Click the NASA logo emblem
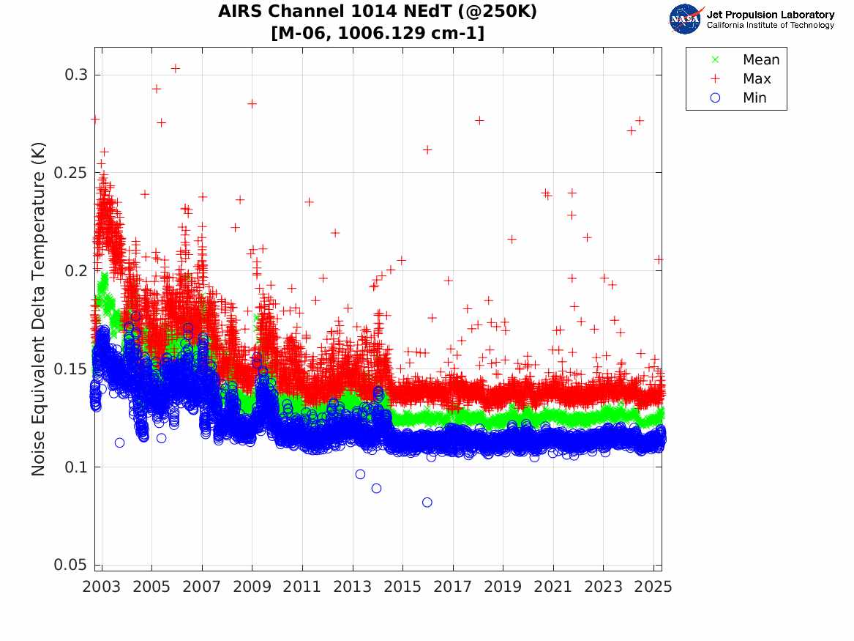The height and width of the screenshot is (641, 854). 685,19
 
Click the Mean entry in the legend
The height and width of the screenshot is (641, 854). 761,60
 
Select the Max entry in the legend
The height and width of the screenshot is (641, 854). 757,79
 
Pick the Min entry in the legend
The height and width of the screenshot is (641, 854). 754,98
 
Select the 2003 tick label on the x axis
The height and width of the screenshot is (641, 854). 102,587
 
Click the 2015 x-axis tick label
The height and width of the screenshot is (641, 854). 402,587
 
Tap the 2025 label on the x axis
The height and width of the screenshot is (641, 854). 653,587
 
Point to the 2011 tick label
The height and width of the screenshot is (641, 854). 302,587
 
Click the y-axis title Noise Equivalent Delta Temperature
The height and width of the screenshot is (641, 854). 39,309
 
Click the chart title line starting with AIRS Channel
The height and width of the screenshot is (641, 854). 378,12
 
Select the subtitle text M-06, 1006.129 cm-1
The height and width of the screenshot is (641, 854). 378,33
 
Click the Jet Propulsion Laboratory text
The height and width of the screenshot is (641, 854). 770,15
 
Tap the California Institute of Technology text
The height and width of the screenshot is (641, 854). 770,26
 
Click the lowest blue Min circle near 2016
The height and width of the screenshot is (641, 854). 427,503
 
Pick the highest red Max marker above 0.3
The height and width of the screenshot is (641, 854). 176,68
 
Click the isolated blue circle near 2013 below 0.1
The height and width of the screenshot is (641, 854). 360,474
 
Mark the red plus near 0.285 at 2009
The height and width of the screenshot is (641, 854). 252,103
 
